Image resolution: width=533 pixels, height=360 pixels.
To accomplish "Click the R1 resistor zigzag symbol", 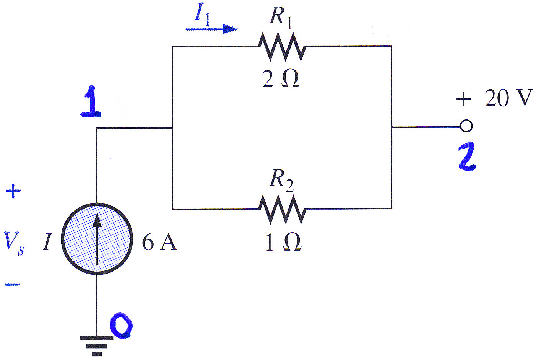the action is click(x=282, y=47).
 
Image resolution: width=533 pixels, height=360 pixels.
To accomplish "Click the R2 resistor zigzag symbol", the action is click(x=282, y=209).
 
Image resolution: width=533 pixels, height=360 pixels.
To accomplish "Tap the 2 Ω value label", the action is click(x=281, y=79).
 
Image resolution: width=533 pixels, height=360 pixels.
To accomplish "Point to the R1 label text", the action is click(x=281, y=18).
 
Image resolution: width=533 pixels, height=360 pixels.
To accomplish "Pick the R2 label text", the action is click(x=281, y=181).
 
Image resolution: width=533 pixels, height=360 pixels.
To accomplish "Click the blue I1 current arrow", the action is click(x=211, y=29).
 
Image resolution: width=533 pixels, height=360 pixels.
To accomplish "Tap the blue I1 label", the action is click(x=202, y=14).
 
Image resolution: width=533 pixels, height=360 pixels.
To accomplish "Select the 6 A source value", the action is click(x=159, y=243).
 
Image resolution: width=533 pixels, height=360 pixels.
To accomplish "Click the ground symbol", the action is click(x=96, y=346).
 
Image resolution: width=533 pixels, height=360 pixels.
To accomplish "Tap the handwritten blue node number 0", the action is click(x=121, y=325).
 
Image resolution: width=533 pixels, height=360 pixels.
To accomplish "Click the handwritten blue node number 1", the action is click(x=92, y=101).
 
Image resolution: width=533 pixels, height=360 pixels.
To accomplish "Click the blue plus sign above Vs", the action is click(x=13, y=191).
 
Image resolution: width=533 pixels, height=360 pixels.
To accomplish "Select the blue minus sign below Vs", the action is click(x=12, y=284).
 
